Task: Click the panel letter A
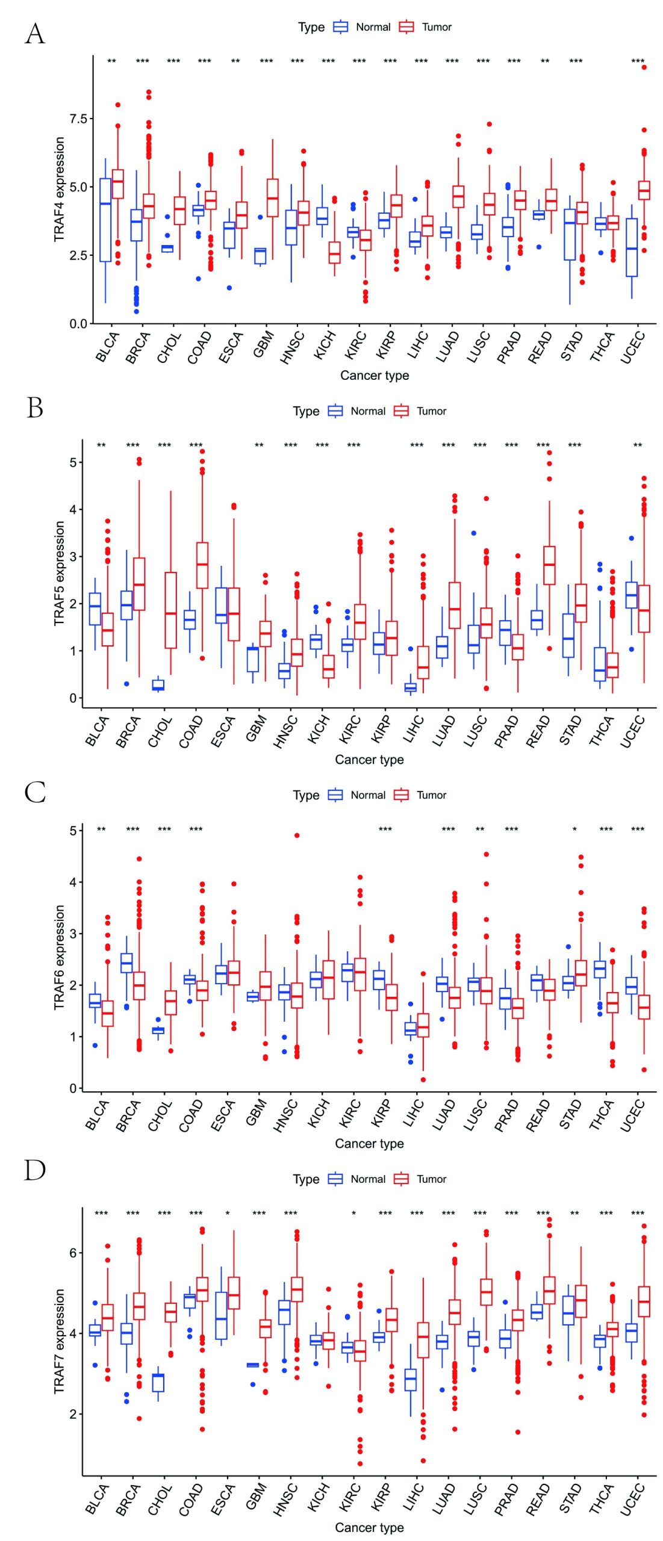click(x=35, y=34)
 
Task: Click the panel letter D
click(x=35, y=1170)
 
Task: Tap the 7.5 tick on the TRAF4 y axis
click(x=78, y=119)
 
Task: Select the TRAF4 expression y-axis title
click(x=59, y=189)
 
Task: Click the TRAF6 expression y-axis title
click(x=59, y=957)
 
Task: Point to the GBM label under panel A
click(x=263, y=344)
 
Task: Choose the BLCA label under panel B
click(x=97, y=731)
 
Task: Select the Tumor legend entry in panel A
click(x=426, y=27)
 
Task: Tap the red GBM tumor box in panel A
click(x=272, y=197)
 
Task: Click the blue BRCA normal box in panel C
click(x=127, y=963)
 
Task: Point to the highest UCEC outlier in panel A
click(x=644, y=67)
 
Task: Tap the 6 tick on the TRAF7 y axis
click(x=73, y=1253)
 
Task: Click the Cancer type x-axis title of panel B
click(x=369, y=759)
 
